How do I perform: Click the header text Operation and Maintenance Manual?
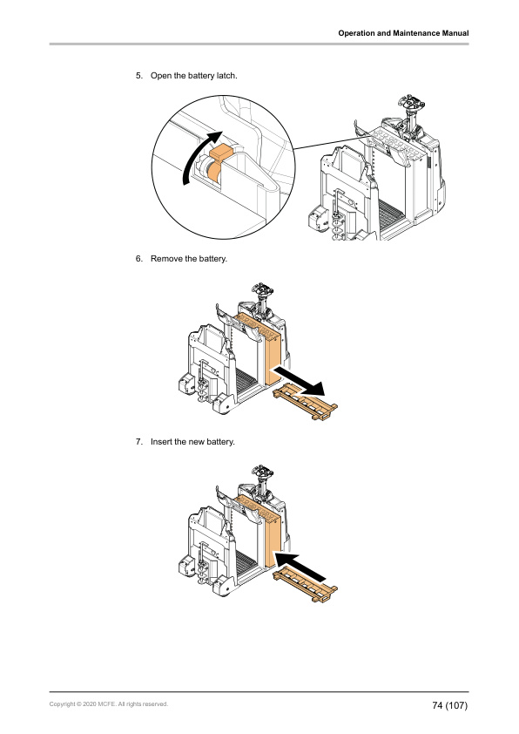403,33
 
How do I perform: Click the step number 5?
138,76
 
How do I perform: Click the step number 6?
138,259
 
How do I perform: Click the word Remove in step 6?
167,259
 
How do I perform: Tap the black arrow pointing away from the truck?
300,380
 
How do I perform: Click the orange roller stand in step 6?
306,404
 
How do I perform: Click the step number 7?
138,442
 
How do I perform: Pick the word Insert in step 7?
162,442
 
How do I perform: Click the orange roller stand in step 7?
306,587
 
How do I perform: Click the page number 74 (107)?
449,704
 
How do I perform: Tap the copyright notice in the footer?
109,703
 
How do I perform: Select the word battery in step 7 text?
219,442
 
